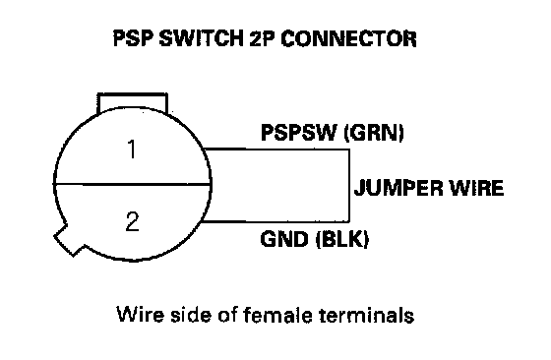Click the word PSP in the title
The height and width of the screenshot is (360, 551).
[134, 38]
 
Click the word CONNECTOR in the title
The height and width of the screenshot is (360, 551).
[348, 38]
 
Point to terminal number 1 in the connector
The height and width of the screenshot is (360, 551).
[132, 149]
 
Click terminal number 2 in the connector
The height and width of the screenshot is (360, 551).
[133, 221]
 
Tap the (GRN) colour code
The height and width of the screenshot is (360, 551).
[374, 133]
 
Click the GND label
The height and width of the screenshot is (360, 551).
[284, 239]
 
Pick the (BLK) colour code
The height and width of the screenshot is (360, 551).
[342, 239]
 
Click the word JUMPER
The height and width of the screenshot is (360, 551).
[398, 188]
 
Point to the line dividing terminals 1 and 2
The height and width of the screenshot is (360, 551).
[132, 183]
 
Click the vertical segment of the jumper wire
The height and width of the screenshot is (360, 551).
[349, 186]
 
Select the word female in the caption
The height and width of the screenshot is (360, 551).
[277, 315]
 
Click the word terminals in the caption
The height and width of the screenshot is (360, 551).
[366, 315]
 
